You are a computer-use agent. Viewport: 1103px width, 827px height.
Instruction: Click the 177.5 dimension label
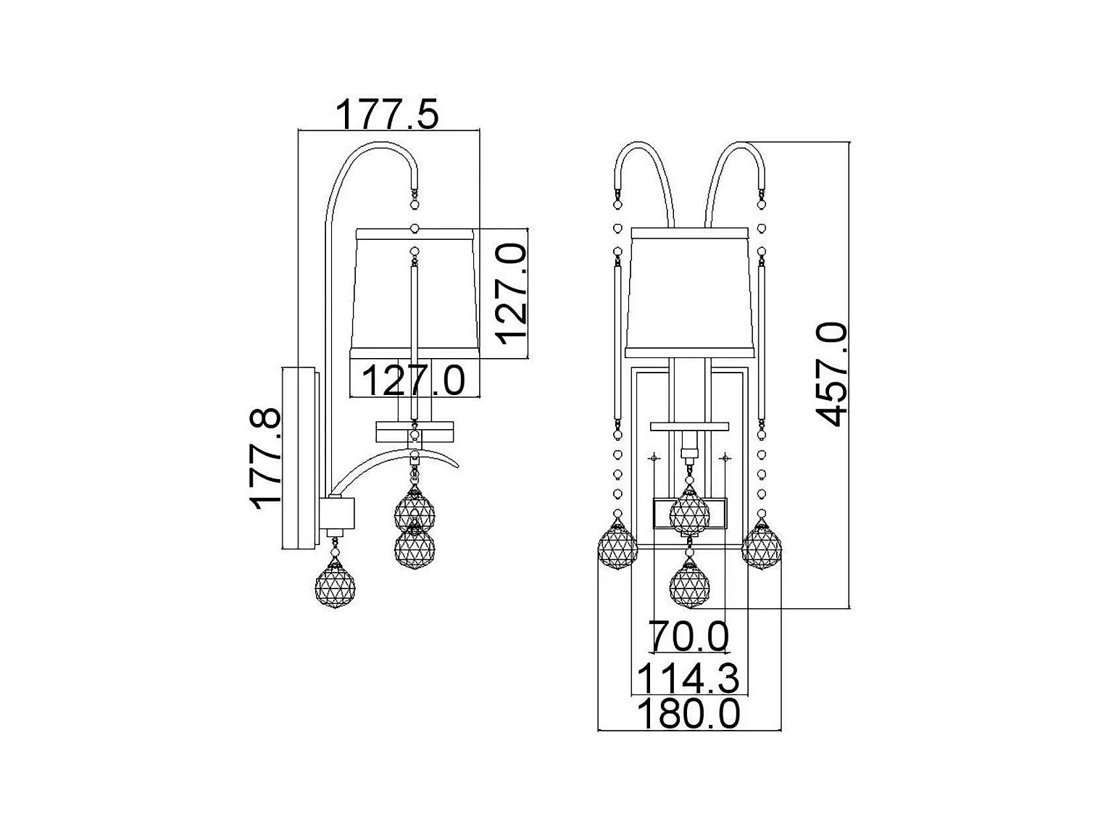tap(387, 115)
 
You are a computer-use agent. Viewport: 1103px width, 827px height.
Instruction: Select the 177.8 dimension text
tap(265, 459)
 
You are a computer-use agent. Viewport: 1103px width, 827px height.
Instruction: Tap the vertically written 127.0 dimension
tap(511, 294)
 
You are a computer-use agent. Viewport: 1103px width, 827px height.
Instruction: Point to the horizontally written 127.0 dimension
tap(413, 381)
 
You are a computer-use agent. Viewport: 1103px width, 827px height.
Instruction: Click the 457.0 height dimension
tap(831, 374)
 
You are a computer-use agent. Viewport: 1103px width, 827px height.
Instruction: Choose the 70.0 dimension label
tap(688, 636)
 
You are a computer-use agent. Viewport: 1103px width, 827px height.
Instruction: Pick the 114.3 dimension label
tap(688, 678)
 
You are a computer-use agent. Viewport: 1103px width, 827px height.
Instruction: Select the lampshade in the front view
tap(690, 292)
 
